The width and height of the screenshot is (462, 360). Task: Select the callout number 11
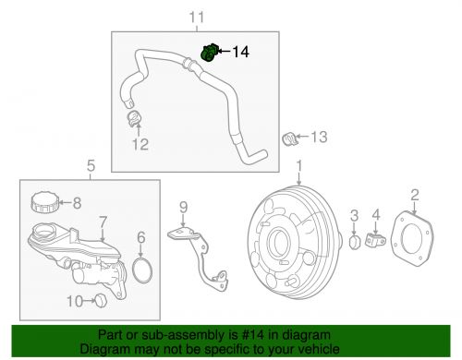pos(194,18)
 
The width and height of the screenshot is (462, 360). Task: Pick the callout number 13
pos(318,138)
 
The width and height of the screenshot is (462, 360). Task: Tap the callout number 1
pos(299,169)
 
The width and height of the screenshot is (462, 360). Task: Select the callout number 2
pos(415,193)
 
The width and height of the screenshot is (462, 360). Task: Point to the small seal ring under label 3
pos(354,243)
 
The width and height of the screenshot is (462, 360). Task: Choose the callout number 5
pos(91,167)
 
